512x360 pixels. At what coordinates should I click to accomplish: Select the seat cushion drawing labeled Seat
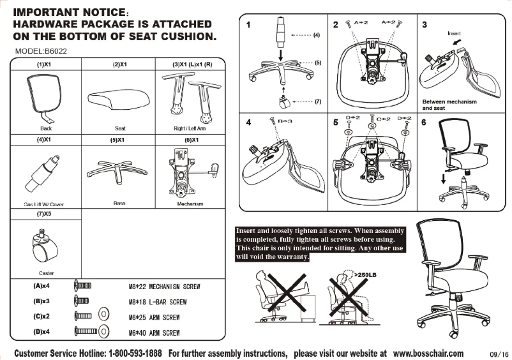tap(119, 99)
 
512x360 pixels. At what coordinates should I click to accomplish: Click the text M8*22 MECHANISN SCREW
tap(164, 287)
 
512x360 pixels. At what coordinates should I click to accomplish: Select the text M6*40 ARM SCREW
tap(154, 333)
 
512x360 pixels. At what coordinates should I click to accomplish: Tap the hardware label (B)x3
tap(42, 301)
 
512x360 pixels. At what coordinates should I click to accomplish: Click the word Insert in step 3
tap(454, 32)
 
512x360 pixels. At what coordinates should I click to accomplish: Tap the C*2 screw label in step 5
tap(384, 119)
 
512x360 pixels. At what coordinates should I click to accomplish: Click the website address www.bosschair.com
tap(428, 353)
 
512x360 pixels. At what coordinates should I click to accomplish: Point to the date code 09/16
tap(498, 354)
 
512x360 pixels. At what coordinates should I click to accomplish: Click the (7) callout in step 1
tap(317, 101)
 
